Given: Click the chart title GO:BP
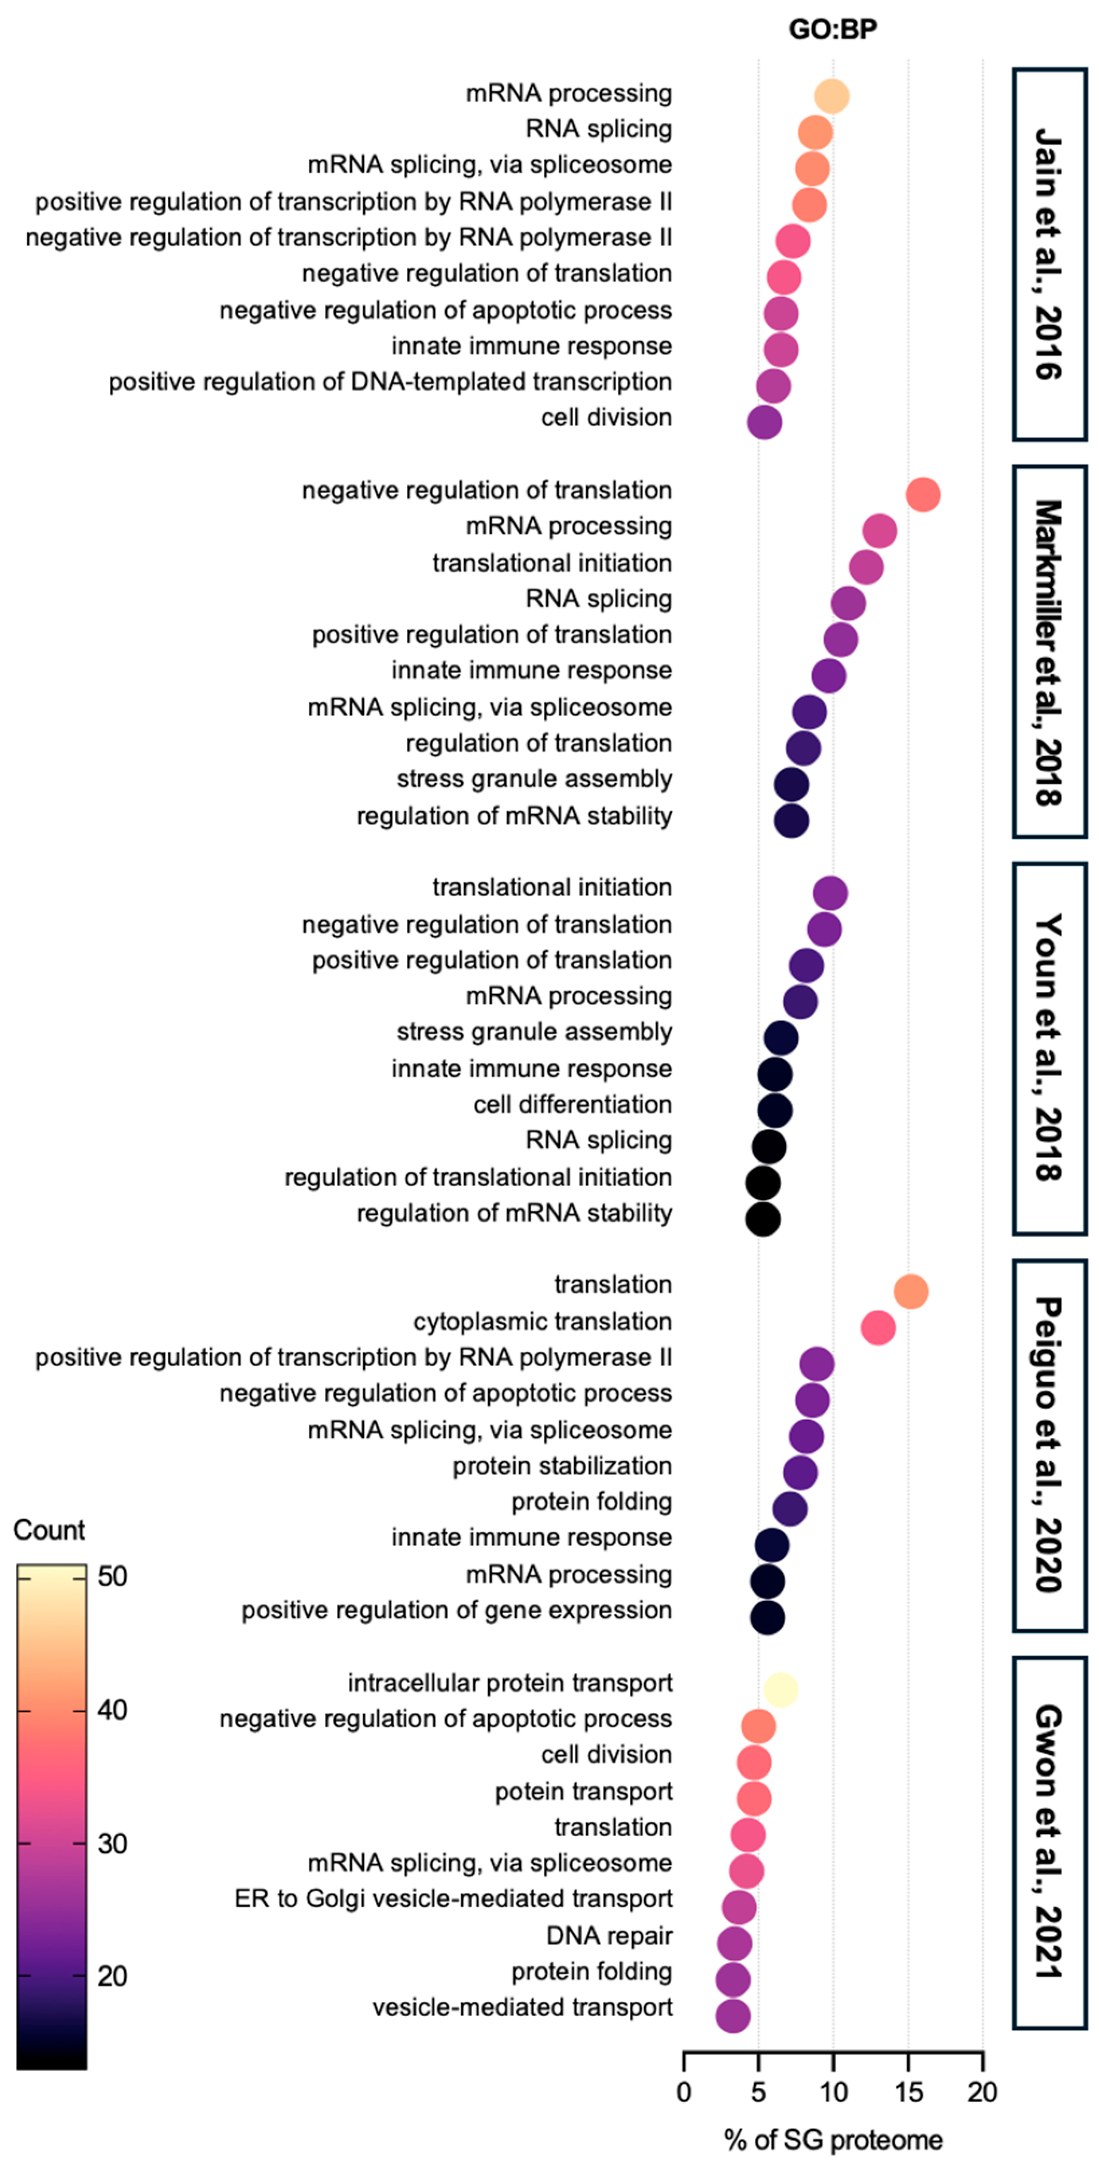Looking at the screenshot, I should (x=832, y=30).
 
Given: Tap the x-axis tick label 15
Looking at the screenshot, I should (x=908, y=2091).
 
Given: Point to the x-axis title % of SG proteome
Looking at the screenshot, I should (x=832, y=2139).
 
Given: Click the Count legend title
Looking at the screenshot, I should (x=49, y=1530).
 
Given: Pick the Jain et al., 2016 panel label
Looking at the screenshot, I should (x=1048, y=254).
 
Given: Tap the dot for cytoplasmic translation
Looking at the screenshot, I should (x=878, y=1328).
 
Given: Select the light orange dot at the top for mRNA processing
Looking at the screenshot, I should (x=832, y=96).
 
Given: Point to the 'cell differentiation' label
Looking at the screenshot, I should (x=572, y=1105).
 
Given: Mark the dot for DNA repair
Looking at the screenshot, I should (x=734, y=1943).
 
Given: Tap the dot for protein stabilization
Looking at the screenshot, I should (x=800, y=1473).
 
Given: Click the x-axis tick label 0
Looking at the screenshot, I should (x=684, y=2091).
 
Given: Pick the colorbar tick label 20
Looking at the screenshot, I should (x=113, y=1976).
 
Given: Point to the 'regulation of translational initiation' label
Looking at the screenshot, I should (x=478, y=1177).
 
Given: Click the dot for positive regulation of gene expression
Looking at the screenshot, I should (x=767, y=1618).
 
